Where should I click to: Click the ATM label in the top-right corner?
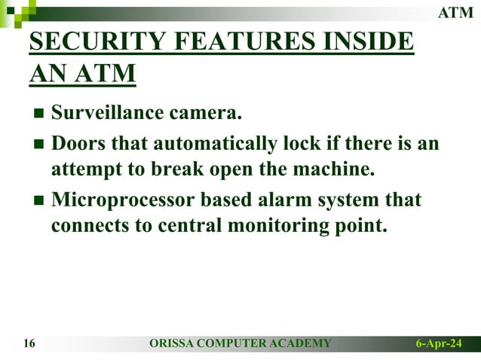(x=456, y=12)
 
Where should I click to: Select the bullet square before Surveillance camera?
(x=38, y=114)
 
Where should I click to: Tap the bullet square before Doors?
(x=38, y=144)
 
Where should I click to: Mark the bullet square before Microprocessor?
(x=38, y=201)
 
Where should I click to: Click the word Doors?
(x=78, y=142)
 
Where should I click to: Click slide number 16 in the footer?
(x=29, y=344)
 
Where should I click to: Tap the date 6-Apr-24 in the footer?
(x=439, y=344)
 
